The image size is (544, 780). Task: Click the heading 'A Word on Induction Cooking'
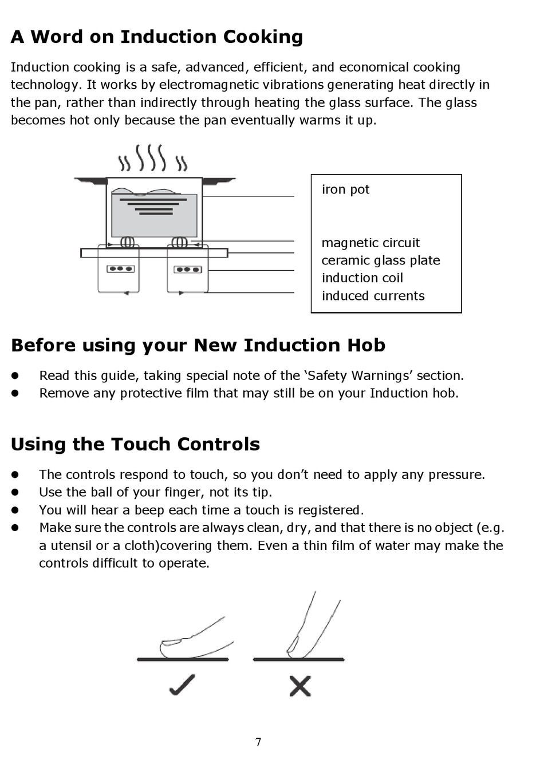point(156,37)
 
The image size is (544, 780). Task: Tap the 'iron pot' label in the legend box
point(345,189)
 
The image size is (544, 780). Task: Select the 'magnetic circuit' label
point(370,243)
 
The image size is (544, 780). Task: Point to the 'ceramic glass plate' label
point(381,260)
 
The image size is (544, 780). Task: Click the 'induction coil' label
point(362,278)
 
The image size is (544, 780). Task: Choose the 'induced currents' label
point(373,296)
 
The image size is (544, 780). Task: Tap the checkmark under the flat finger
point(182,685)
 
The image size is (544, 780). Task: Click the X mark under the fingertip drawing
point(300,686)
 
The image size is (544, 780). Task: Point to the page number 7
point(258,742)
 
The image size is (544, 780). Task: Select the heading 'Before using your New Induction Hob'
point(198,346)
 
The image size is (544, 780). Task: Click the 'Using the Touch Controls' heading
point(135,445)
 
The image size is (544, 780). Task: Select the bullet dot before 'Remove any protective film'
point(15,394)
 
